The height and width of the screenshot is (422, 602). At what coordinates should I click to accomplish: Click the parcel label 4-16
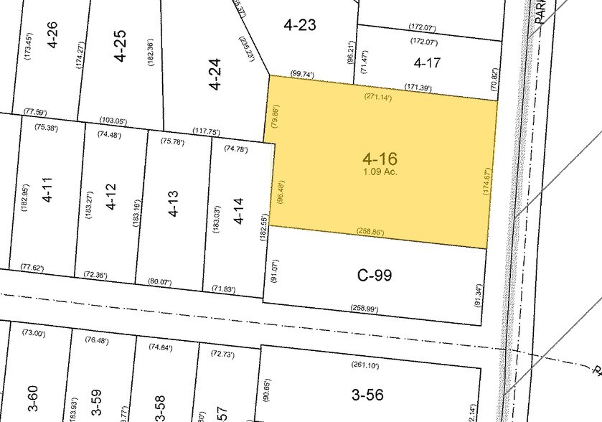[x=380, y=159]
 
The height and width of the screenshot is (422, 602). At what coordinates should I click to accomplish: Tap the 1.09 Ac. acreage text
[x=380, y=172]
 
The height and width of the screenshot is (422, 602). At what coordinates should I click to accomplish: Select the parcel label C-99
[x=375, y=275]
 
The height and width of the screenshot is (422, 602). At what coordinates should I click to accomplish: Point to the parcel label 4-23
[x=300, y=25]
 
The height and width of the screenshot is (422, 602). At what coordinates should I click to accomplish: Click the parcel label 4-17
[x=428, y=63]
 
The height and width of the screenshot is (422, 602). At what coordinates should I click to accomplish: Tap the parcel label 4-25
[x=120, y=44]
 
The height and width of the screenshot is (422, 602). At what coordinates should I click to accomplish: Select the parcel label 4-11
[x=48, y=194]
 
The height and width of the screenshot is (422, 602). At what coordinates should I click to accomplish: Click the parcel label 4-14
[x=239, y=212]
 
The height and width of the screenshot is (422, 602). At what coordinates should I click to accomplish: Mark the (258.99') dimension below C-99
[x=364, y=308]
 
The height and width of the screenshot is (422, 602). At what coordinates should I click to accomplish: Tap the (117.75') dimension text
[x=206, y=131]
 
